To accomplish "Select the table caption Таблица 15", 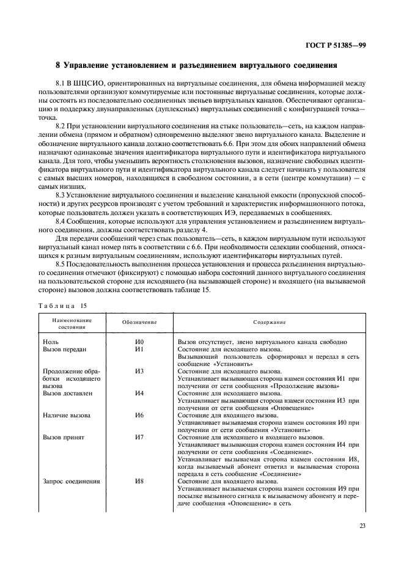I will point(62,304).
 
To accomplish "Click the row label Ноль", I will point(51,342).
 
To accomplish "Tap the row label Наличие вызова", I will point(67,416).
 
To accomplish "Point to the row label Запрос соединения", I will point(71,482).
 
